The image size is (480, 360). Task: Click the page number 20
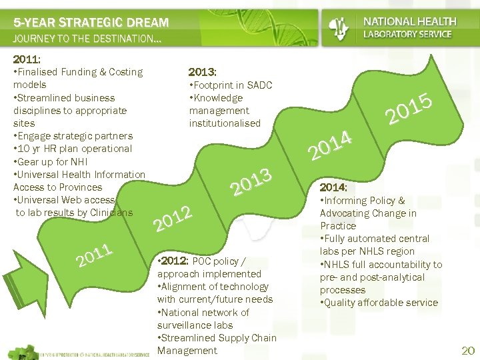click(468, 351)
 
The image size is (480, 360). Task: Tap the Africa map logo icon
click(341, 27)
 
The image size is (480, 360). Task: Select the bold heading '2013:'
click(202, 72)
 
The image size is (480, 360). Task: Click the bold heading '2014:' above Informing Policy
click(333, 187)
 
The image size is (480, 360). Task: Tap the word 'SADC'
click(259, 85)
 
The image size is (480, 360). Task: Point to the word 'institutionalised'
click(225, 123)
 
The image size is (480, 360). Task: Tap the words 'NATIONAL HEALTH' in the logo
click(409, 22)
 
